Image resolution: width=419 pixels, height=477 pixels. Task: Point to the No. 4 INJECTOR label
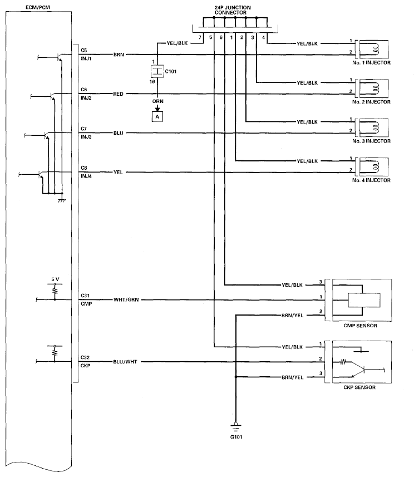pos(371,180)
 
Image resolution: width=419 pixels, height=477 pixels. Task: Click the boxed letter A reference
pos(157,117)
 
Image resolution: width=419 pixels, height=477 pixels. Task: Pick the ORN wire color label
pos(157,102)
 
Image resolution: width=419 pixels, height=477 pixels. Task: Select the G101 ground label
pos(236,437)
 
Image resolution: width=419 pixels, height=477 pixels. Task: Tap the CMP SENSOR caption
pos(360,327)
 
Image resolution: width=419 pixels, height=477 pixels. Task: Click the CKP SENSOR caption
pos(360,387)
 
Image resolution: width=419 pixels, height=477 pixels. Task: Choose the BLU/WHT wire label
pos(125,362)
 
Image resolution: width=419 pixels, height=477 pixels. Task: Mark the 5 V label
pos(55,278)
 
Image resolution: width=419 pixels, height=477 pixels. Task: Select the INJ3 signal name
pos(86,137)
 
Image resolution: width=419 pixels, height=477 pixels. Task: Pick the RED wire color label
pos(119,94)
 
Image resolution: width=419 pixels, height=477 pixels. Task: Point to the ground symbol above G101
pos(236,426)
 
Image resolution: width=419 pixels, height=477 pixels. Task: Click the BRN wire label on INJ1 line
pos(119,55)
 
